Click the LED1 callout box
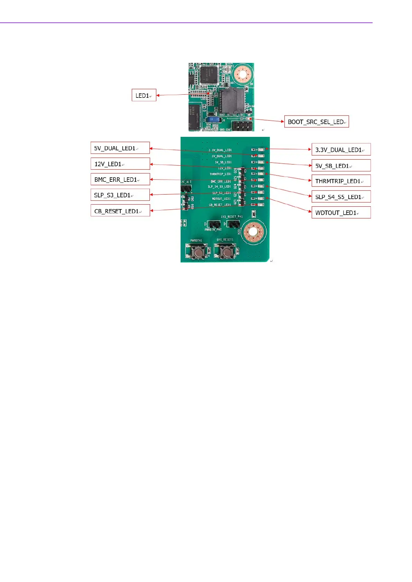coord(144,95)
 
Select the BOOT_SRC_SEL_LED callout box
coord(316,122)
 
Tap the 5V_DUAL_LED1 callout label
coord(120,148)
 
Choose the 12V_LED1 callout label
coord(120,164)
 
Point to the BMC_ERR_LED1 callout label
coord(120,179)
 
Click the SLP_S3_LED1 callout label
coord(120,195)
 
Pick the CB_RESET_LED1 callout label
coord(120,211)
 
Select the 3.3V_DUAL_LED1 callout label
coord(341,150)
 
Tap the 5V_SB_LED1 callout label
coord(341,166)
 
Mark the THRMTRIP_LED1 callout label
coord(341,181)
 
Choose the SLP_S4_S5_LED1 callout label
coord(341,197)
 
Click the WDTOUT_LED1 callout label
coord(341,213)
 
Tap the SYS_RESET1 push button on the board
coord(226,252)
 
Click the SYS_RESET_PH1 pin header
coord(233,224)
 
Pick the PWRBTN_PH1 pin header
coord(213,224)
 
